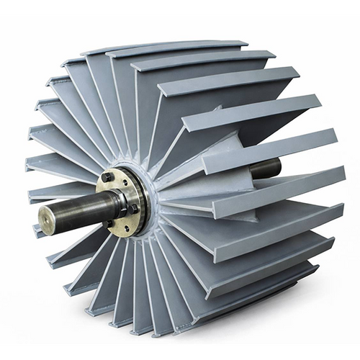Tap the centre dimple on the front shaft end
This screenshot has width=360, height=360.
tap(48, 217)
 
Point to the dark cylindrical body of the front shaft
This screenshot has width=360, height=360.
tap(79, 210)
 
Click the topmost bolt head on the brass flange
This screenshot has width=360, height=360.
tap(107, 176)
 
